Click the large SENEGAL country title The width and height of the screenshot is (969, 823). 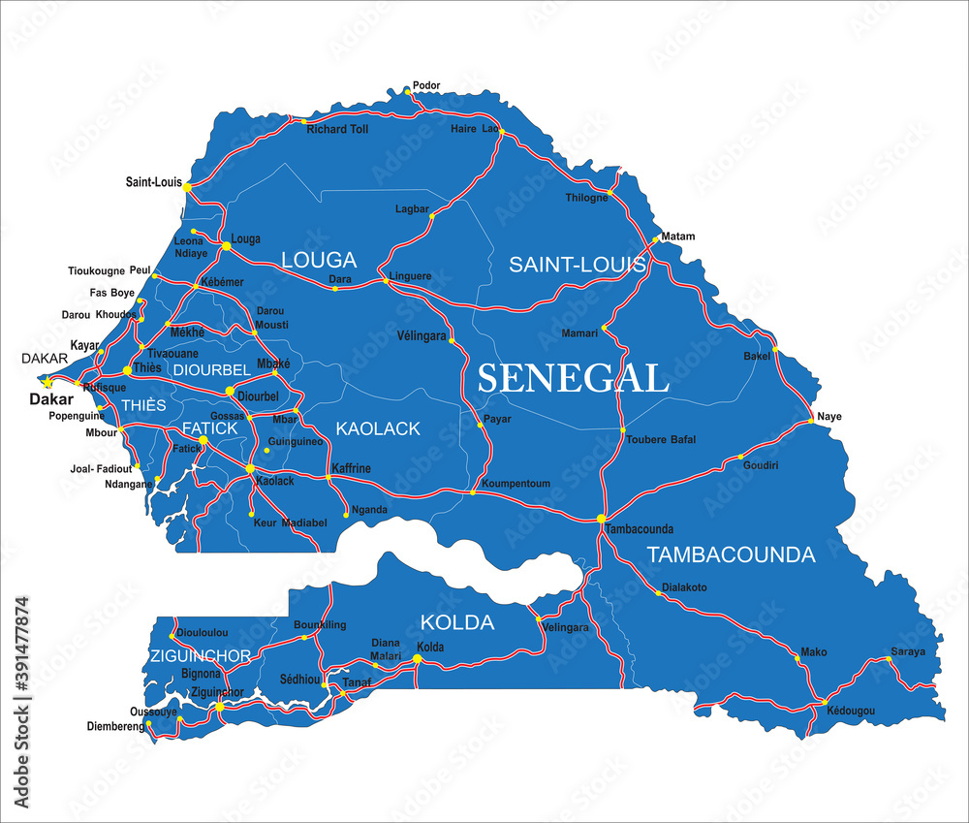[573, 378]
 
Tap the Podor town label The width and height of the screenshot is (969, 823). [426, 85]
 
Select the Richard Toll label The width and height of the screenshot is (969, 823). [337, 129]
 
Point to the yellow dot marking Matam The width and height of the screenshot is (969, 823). [656, 237]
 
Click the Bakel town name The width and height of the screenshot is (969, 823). [757, 357]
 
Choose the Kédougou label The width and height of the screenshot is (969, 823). [851, 712]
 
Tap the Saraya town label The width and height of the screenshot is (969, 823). [908, 651]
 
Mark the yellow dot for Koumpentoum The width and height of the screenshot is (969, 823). [473, 492]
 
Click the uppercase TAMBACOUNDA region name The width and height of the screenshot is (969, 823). [731, 554]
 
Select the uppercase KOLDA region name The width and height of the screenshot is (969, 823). [457, 622]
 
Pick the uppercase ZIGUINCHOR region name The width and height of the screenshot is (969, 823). [201, 656]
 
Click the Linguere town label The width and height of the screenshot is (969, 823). [409, 276]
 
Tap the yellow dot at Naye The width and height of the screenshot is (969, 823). [811, 422]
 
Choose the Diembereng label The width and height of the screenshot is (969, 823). [114, 725]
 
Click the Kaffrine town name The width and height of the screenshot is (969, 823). [351, 469]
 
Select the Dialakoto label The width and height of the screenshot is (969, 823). [684, 587]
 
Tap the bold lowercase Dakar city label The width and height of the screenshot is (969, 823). [51, 398]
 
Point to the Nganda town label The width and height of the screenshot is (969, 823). [369, 510]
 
